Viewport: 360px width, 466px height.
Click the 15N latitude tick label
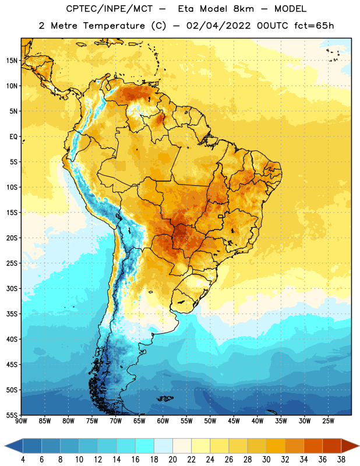(x=12, y=61)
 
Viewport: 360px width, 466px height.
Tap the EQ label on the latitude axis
(x=13, y=137)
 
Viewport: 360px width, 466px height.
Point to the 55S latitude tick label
(x=12, y=415)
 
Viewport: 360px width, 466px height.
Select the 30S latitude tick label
(x=12, y=288)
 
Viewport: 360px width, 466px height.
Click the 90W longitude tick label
(x=22, y=421)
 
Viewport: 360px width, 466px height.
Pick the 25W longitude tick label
(x=328, y=421)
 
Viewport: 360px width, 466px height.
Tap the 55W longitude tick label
(x=186, y=421)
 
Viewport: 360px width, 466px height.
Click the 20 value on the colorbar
(x=172, y=460)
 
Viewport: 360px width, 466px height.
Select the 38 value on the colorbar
(x=341, y=460)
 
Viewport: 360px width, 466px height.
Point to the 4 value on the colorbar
(x=23, y=460)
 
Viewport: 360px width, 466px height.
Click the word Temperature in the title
(x=114, y=26)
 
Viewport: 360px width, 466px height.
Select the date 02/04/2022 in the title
(x=218, y=26)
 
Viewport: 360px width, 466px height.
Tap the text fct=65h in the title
(x=314, y=26)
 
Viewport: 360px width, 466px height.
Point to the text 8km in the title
(x=243, y=9)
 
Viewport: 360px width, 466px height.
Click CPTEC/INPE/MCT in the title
(x=109, y=9)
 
